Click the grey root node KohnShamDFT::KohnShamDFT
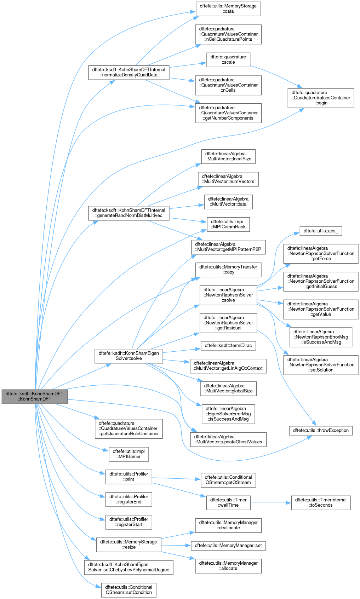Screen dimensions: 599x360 (x=34, y=396)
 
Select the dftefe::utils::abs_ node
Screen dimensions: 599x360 (x=321, y=231)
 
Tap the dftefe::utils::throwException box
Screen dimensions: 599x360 (x=321, y=430)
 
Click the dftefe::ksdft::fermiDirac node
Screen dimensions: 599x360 (x=228, y=345)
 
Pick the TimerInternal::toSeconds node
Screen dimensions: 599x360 (x=321, y=502)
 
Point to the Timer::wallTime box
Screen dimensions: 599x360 (x=228, y=502)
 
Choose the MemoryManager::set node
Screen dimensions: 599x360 (x=228, y=545)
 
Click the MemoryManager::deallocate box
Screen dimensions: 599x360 (x=228, y=525)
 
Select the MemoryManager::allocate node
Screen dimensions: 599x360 (x=228, y=565)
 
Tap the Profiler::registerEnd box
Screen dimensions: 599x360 (x=129, y=499)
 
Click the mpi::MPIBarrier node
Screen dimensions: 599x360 (x=129, y=454)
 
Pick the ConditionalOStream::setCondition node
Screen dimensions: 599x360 (x=129, y=590)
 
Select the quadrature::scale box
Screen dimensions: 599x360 (x=228, y=59)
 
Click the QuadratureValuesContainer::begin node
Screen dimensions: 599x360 (x=321, y=98)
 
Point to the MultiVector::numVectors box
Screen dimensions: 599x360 (x=228, y=179)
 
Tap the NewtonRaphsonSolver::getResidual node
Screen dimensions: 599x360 (x=228, y=323)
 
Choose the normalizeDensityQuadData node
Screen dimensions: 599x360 (x=128, y=72)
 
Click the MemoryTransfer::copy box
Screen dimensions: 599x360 (x=228, y=270)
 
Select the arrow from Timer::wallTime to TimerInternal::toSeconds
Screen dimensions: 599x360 (x=270, y=502)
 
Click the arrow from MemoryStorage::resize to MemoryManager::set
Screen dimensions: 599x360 (x=176, y=545)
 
